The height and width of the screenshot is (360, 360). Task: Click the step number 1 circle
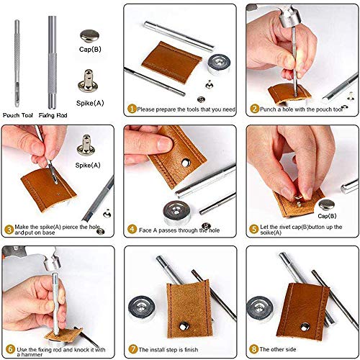pos(132,109)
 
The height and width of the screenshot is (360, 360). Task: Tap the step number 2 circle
pos(255,109)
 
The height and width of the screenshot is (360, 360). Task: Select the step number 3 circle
pos(9,230)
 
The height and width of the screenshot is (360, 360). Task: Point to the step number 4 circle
pos(132,230)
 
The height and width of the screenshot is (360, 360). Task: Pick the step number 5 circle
pos(255,230)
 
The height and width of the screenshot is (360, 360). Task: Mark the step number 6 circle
pos(9,350)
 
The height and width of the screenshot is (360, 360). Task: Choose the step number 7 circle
pos(132,350)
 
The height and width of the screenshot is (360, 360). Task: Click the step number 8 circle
pos(255,350)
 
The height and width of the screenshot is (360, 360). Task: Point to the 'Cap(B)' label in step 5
pos(328,215)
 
